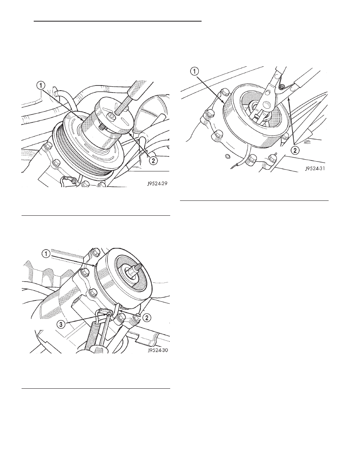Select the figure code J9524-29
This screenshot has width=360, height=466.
click(157, 183)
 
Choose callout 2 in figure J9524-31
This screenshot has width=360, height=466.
click(295, 150)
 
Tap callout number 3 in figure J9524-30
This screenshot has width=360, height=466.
click(61, 324)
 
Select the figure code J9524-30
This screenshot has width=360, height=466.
click(157, 350)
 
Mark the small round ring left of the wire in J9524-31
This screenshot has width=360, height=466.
click(227, 156)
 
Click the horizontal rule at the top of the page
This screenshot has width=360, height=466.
click(118, 22)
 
